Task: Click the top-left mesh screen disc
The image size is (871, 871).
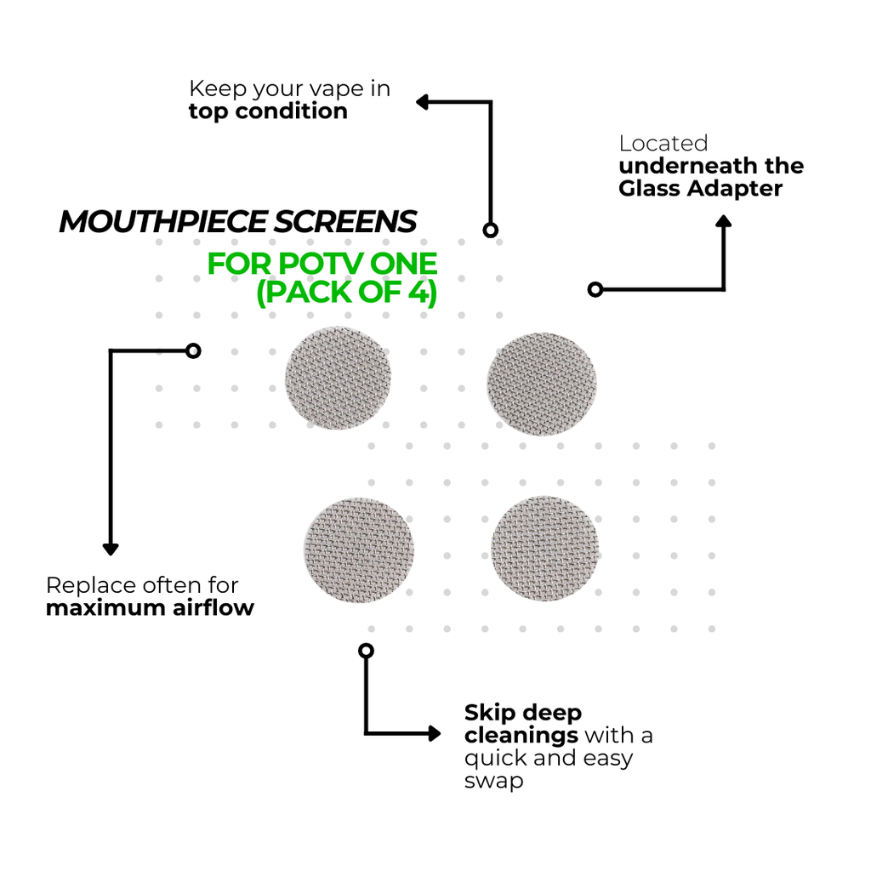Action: pyautogui.click(x=338, y=378)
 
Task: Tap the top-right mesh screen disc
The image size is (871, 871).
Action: pyautogui.click(x=542, y=384)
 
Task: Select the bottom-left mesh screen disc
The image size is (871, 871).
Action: pyautogui.click(x=359, y=550)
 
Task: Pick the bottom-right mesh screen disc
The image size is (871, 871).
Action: pyautogui.click(x=545, y=549)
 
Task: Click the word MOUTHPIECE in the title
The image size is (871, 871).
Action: pyautogui.click(x=163, y=222)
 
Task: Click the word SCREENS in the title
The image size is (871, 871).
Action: pyautogui.click(x=345, y=222)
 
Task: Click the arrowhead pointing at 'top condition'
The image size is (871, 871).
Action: pyautogui.click(x=422, y=102)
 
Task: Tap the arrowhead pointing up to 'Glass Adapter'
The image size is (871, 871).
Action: pyautogui.click(x=723, y=221)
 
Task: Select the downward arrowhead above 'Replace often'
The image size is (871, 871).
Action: pyautogui.click(x=111, y=549)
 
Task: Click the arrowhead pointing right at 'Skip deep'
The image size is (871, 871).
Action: pyautogui.click(x=435, y=733)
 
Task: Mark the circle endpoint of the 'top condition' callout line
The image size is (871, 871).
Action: pyautogui.click(x=490, y=230)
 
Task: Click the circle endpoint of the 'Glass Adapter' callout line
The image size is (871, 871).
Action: pyautogui.click(x=595, y=289)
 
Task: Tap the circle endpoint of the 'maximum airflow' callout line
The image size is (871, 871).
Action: pyautogui.click(x=193, y=351)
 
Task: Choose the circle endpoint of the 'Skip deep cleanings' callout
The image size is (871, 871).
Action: pyautogui.click(x=366, y=651)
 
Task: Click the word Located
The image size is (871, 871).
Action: pyautogui.click(x=663, y=143)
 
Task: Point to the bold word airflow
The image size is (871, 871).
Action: pyautogui.click(x=213, y=607)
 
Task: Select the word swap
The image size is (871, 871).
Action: pyautogui.click(x=494, y=782)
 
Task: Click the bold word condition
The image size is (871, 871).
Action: pyautogui.click(x=292, y=111)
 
